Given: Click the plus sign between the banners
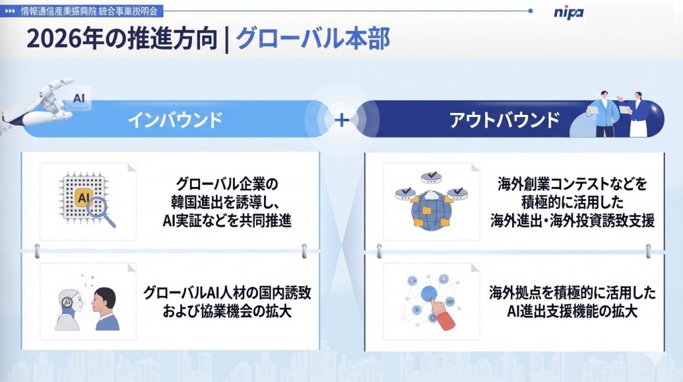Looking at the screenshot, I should [x=341, y=120].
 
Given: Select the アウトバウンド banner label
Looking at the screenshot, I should [x=504, y=120].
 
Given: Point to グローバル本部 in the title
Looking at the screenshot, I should [x=313, y=39].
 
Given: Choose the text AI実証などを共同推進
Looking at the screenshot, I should [x=227, y=221].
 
